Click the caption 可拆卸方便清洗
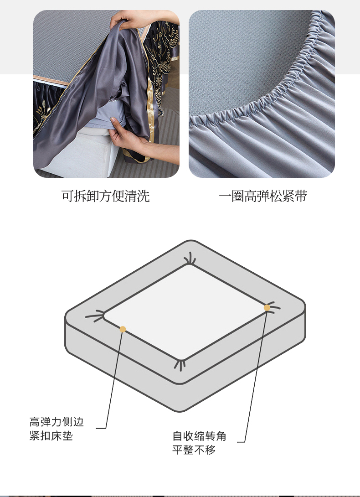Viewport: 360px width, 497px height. coord(106,196)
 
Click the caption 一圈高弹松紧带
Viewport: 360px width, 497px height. coord(263,196)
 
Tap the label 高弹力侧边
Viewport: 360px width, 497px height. coord(57,422)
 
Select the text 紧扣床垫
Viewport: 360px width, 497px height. coord(51,435)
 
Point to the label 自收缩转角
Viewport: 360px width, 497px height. coord(199,436)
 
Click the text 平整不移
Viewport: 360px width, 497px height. coord(194,450)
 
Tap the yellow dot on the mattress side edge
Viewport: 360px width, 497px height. coord(123,329)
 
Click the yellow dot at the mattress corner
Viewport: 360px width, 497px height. coord(267,308)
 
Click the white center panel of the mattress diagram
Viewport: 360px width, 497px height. coord(185,312)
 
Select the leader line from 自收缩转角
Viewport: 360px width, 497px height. coord(256,376)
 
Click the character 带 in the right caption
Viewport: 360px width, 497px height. coord(301,196)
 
